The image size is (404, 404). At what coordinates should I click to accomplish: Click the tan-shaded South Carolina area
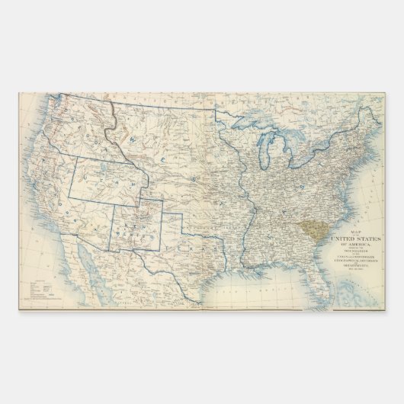point(309,226)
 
